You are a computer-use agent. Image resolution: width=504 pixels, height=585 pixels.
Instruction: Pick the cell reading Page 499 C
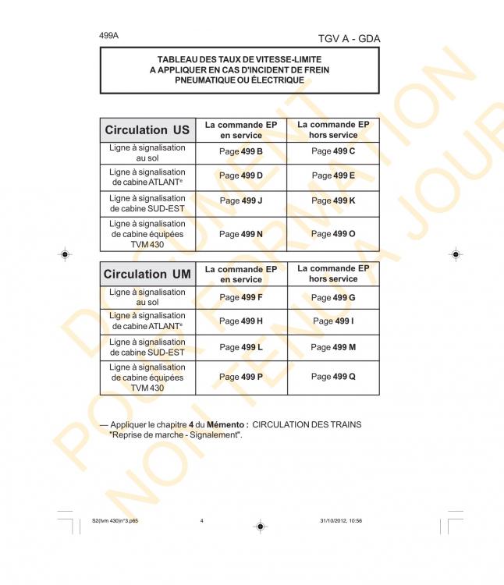[x=332, y=151]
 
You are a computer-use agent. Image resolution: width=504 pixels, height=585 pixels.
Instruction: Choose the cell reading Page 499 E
[x=332, y=175]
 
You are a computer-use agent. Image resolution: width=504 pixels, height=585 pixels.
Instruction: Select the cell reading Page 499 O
[x=332, y=233]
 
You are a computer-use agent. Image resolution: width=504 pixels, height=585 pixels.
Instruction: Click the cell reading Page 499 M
[x=332, y=346]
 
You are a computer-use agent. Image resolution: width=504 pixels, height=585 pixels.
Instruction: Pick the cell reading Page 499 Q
[x=332, y=377]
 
